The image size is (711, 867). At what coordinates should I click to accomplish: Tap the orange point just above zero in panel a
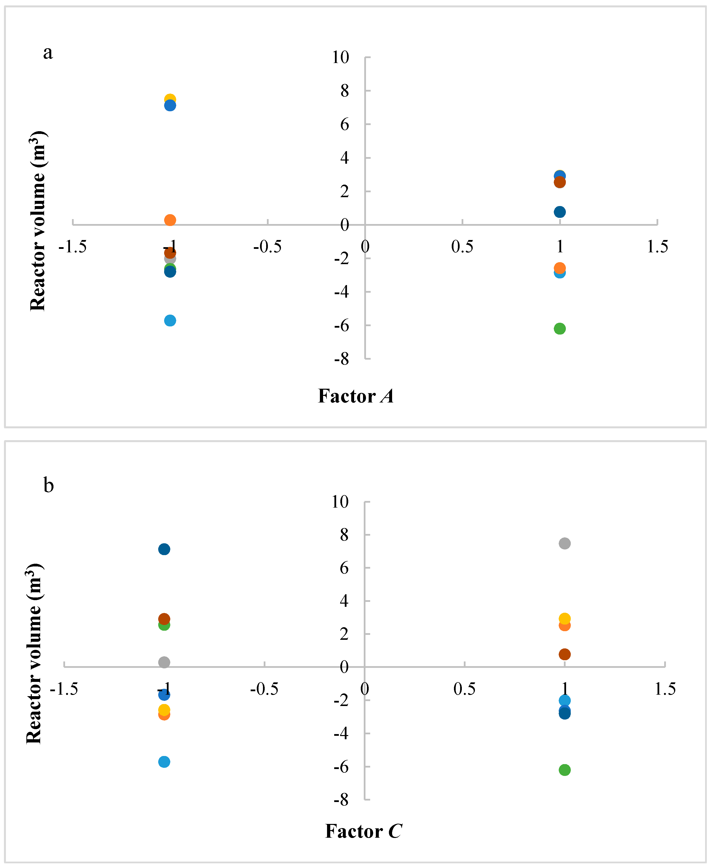[170, 220]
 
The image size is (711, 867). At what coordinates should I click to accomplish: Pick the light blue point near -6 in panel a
[170, 320]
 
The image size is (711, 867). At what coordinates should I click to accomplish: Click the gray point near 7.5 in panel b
[564, 543]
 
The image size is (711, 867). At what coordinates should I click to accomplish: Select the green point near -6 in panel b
[564, 770]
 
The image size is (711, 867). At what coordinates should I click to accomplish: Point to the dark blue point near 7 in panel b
[164, 549]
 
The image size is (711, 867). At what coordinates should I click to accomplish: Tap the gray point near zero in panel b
[164, 662]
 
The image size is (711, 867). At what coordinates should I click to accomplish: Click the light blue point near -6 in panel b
[164, 762]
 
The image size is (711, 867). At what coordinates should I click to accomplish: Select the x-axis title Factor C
[363, 831]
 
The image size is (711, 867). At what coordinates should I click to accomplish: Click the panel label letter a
[48, 53]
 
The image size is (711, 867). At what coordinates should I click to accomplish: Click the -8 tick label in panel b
[341, 800]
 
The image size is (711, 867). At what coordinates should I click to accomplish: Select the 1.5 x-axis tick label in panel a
[657, 246]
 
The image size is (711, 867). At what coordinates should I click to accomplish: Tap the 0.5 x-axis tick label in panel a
[462, 246]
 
